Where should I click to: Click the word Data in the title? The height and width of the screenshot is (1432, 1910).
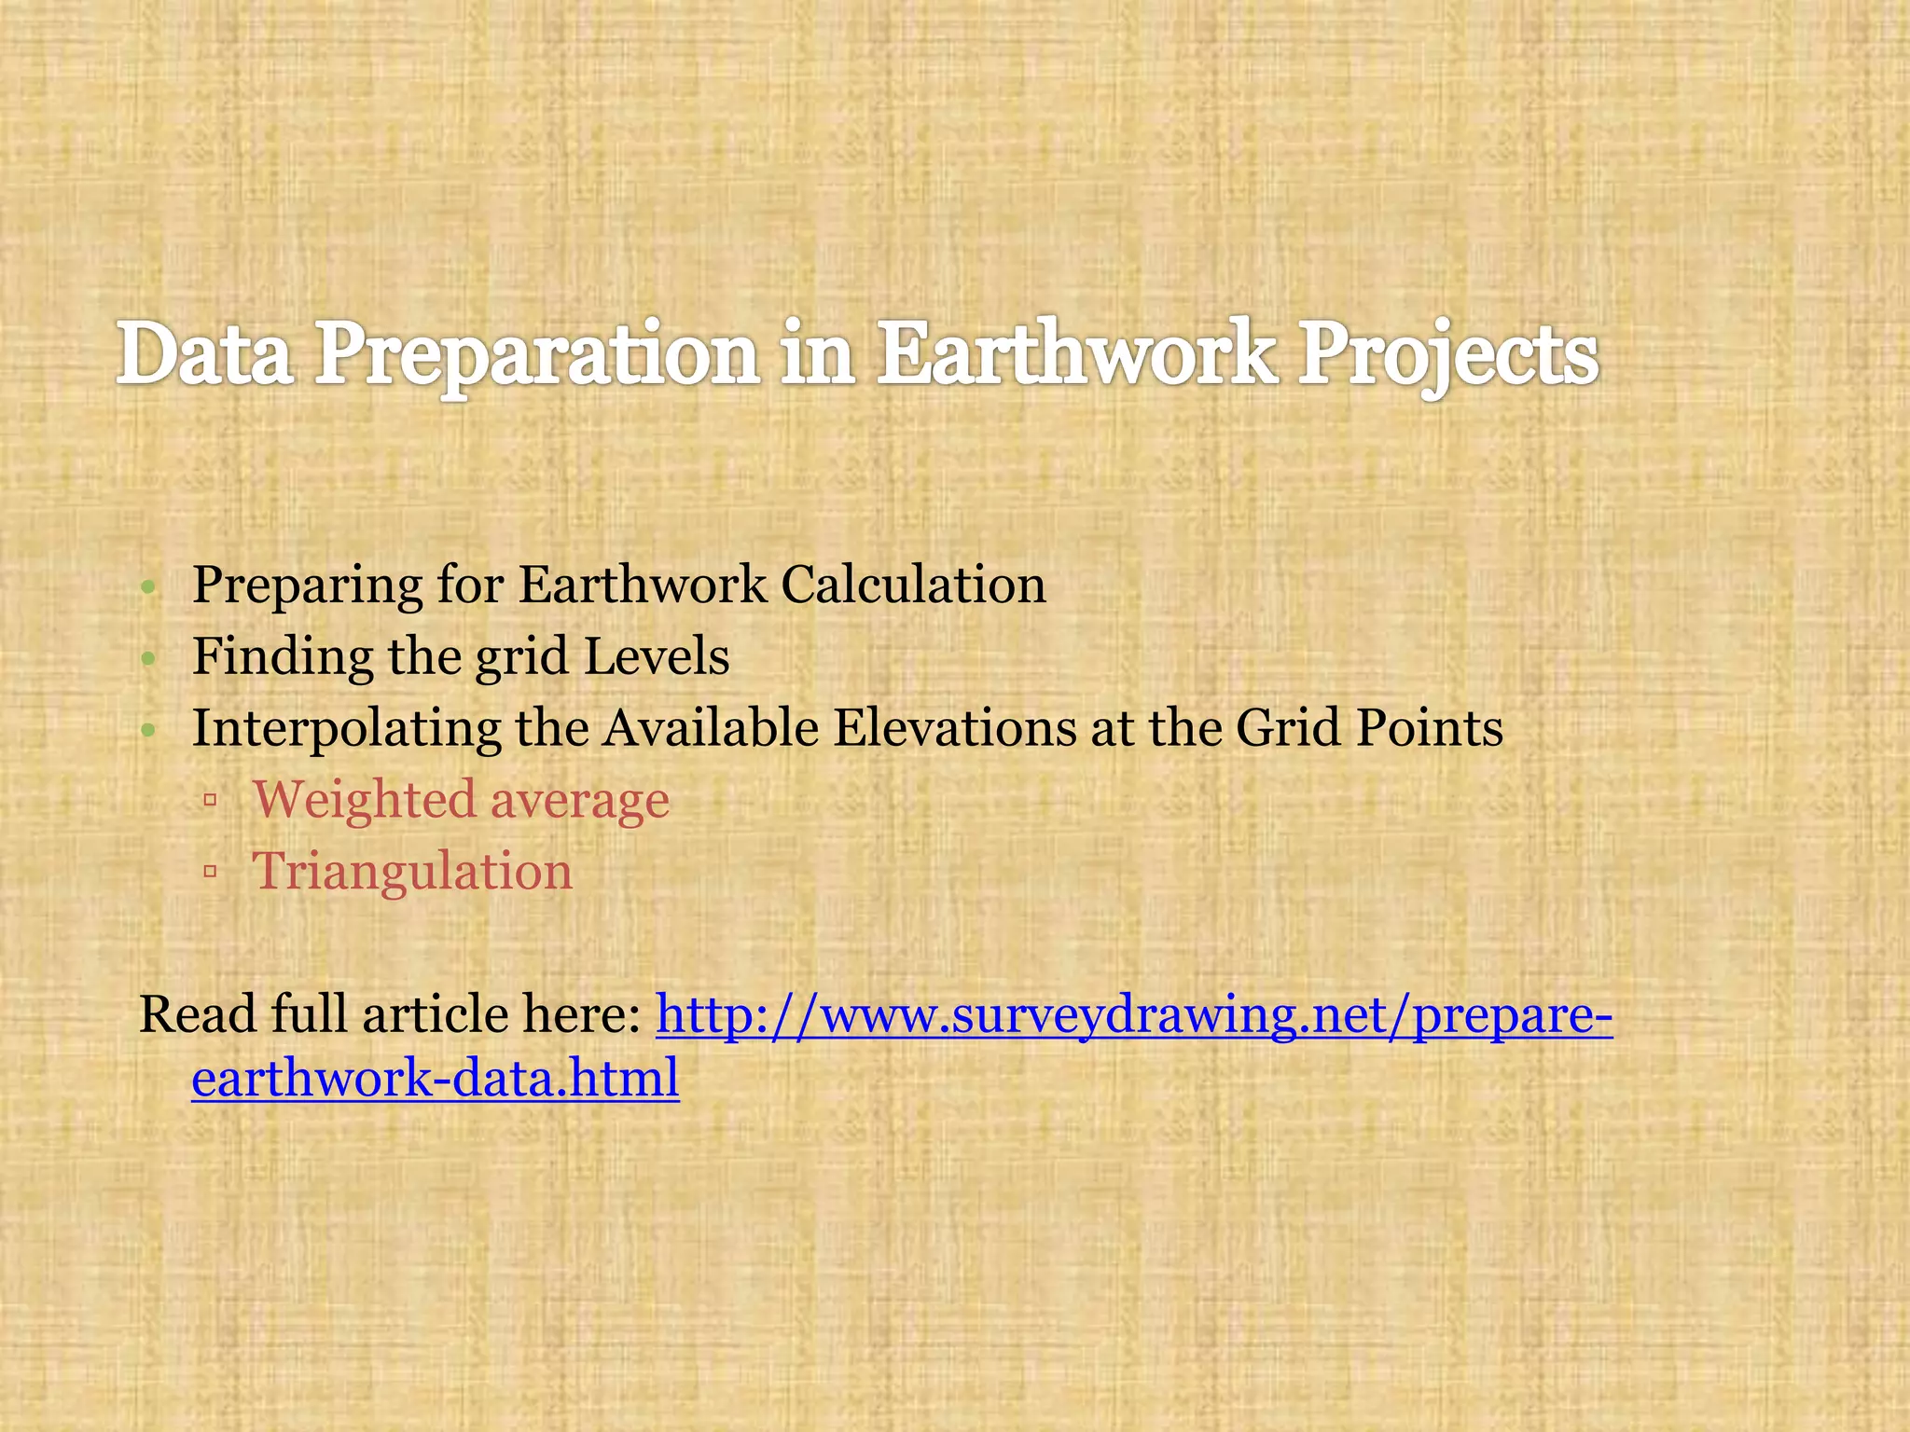point(204,355)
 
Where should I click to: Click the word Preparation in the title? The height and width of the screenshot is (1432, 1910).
point(535,355)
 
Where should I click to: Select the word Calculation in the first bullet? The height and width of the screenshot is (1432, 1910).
point(913,585)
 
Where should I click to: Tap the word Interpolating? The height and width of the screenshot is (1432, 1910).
point(346,729)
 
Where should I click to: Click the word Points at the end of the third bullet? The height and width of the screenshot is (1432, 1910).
point(1429,727)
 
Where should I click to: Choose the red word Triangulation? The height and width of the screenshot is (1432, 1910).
point(412,873)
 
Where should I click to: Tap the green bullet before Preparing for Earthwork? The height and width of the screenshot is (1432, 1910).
point(147,588)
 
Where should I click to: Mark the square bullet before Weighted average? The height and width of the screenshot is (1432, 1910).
point(210,800)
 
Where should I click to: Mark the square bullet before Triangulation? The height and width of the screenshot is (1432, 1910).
point(210,873)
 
